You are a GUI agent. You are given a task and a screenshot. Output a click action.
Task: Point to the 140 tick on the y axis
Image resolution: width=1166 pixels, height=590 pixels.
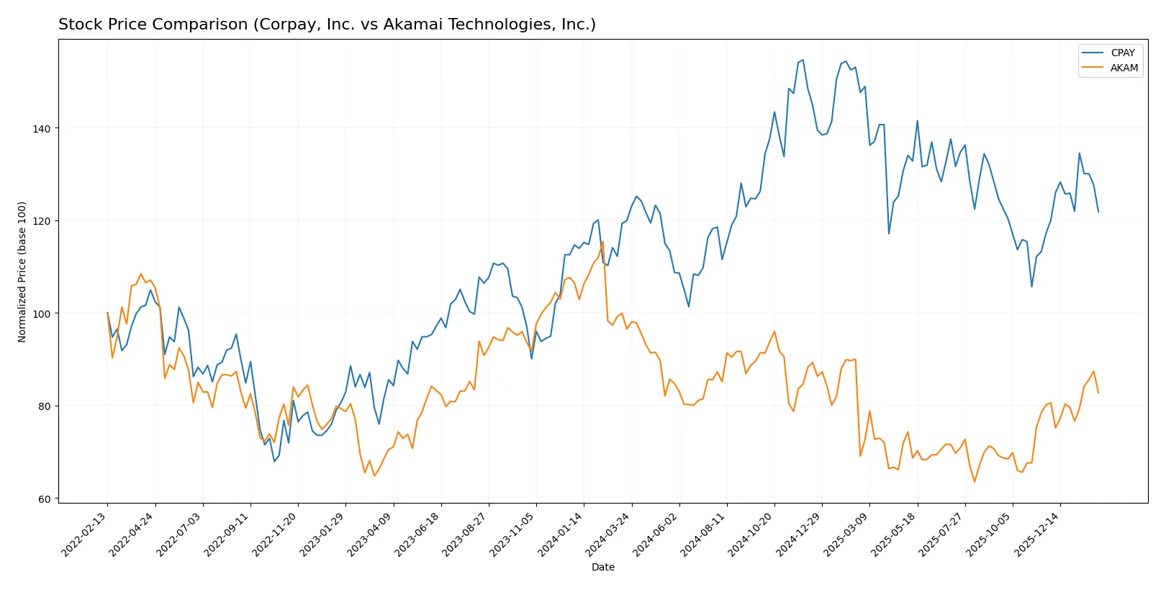pyautogui.click(x=42, y=128)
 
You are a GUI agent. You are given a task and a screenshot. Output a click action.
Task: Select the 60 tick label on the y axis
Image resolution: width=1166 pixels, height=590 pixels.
pyautogui.click(x=45, y=499)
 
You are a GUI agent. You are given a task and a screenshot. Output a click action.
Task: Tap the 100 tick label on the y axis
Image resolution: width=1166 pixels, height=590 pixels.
pyautogui.click(x=42, y=313)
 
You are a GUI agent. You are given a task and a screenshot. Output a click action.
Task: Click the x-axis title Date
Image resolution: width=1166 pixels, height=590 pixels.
pyautogui.click(x=602, y=567)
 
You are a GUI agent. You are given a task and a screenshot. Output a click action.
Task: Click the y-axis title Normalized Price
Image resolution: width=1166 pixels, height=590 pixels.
pyautogui.click(x=22, y=272)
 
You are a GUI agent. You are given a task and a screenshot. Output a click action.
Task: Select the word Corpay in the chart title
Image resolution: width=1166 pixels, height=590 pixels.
pyautogui.click(x=281, y=24)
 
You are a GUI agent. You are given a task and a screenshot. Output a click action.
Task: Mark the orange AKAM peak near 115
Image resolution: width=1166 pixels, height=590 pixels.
pyautogui.click(x=602, y=242)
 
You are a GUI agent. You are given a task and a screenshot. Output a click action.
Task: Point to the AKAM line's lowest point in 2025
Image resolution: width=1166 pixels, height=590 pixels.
pyautogui.click(x=975, y=481)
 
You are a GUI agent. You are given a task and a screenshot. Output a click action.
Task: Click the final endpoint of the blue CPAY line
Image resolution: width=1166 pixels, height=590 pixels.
pyautogui.click(x=1098, y=212)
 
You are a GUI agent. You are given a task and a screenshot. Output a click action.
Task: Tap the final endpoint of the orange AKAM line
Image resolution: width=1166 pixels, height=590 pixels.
pyautogui.click(x=1098, y=393)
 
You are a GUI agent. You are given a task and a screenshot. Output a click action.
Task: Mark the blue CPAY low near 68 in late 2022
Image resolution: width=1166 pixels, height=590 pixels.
pyautogui.click(x=274, y=461)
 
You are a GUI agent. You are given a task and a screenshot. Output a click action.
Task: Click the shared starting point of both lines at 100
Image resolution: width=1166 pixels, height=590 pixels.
pyautogui.click(x=107, y=313)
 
